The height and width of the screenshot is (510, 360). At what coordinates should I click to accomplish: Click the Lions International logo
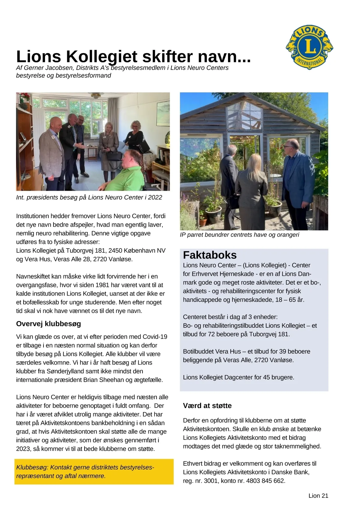(x=309, y=47)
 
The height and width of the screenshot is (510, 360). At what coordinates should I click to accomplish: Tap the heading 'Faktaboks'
(x=210, y=255)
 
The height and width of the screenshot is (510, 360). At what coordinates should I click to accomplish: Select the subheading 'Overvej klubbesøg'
(x=49, y=324)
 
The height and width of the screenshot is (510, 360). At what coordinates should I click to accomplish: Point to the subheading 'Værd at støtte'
(x=207, y=406)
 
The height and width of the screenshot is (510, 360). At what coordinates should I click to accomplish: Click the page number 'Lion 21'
(x=318, y=496)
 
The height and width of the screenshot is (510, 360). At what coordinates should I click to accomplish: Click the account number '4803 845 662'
(x=265, y=481)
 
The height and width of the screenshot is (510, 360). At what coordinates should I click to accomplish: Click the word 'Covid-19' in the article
(x=155, y=337)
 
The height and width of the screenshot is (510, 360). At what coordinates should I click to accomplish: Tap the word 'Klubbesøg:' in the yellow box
(x=32, y=467)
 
